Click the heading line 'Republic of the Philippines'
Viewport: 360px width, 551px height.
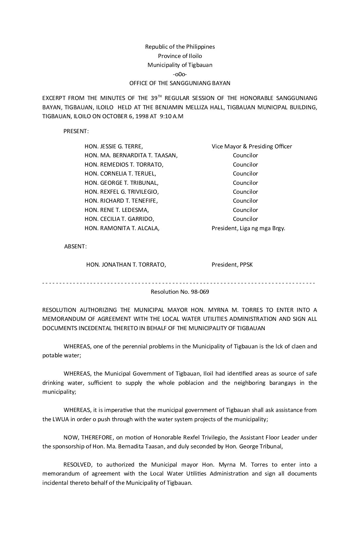[x=180, y=47]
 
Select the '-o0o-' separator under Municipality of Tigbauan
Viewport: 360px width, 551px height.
[x=180, y=74]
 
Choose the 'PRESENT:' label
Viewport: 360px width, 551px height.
[x=76, y=131]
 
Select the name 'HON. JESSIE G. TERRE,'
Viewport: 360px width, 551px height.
[x=114, y=146]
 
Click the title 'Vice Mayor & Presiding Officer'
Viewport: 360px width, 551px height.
[x=252, y=146]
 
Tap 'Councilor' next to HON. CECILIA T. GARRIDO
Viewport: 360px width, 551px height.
[x=245, y=219]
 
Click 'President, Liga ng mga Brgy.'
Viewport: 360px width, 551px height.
[x=248, y=228]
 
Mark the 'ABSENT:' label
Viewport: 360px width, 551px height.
[x=75, y=246]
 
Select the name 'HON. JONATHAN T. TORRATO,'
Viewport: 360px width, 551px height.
[x=126, y=265]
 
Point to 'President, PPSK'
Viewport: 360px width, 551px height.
[x=232, y=265]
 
